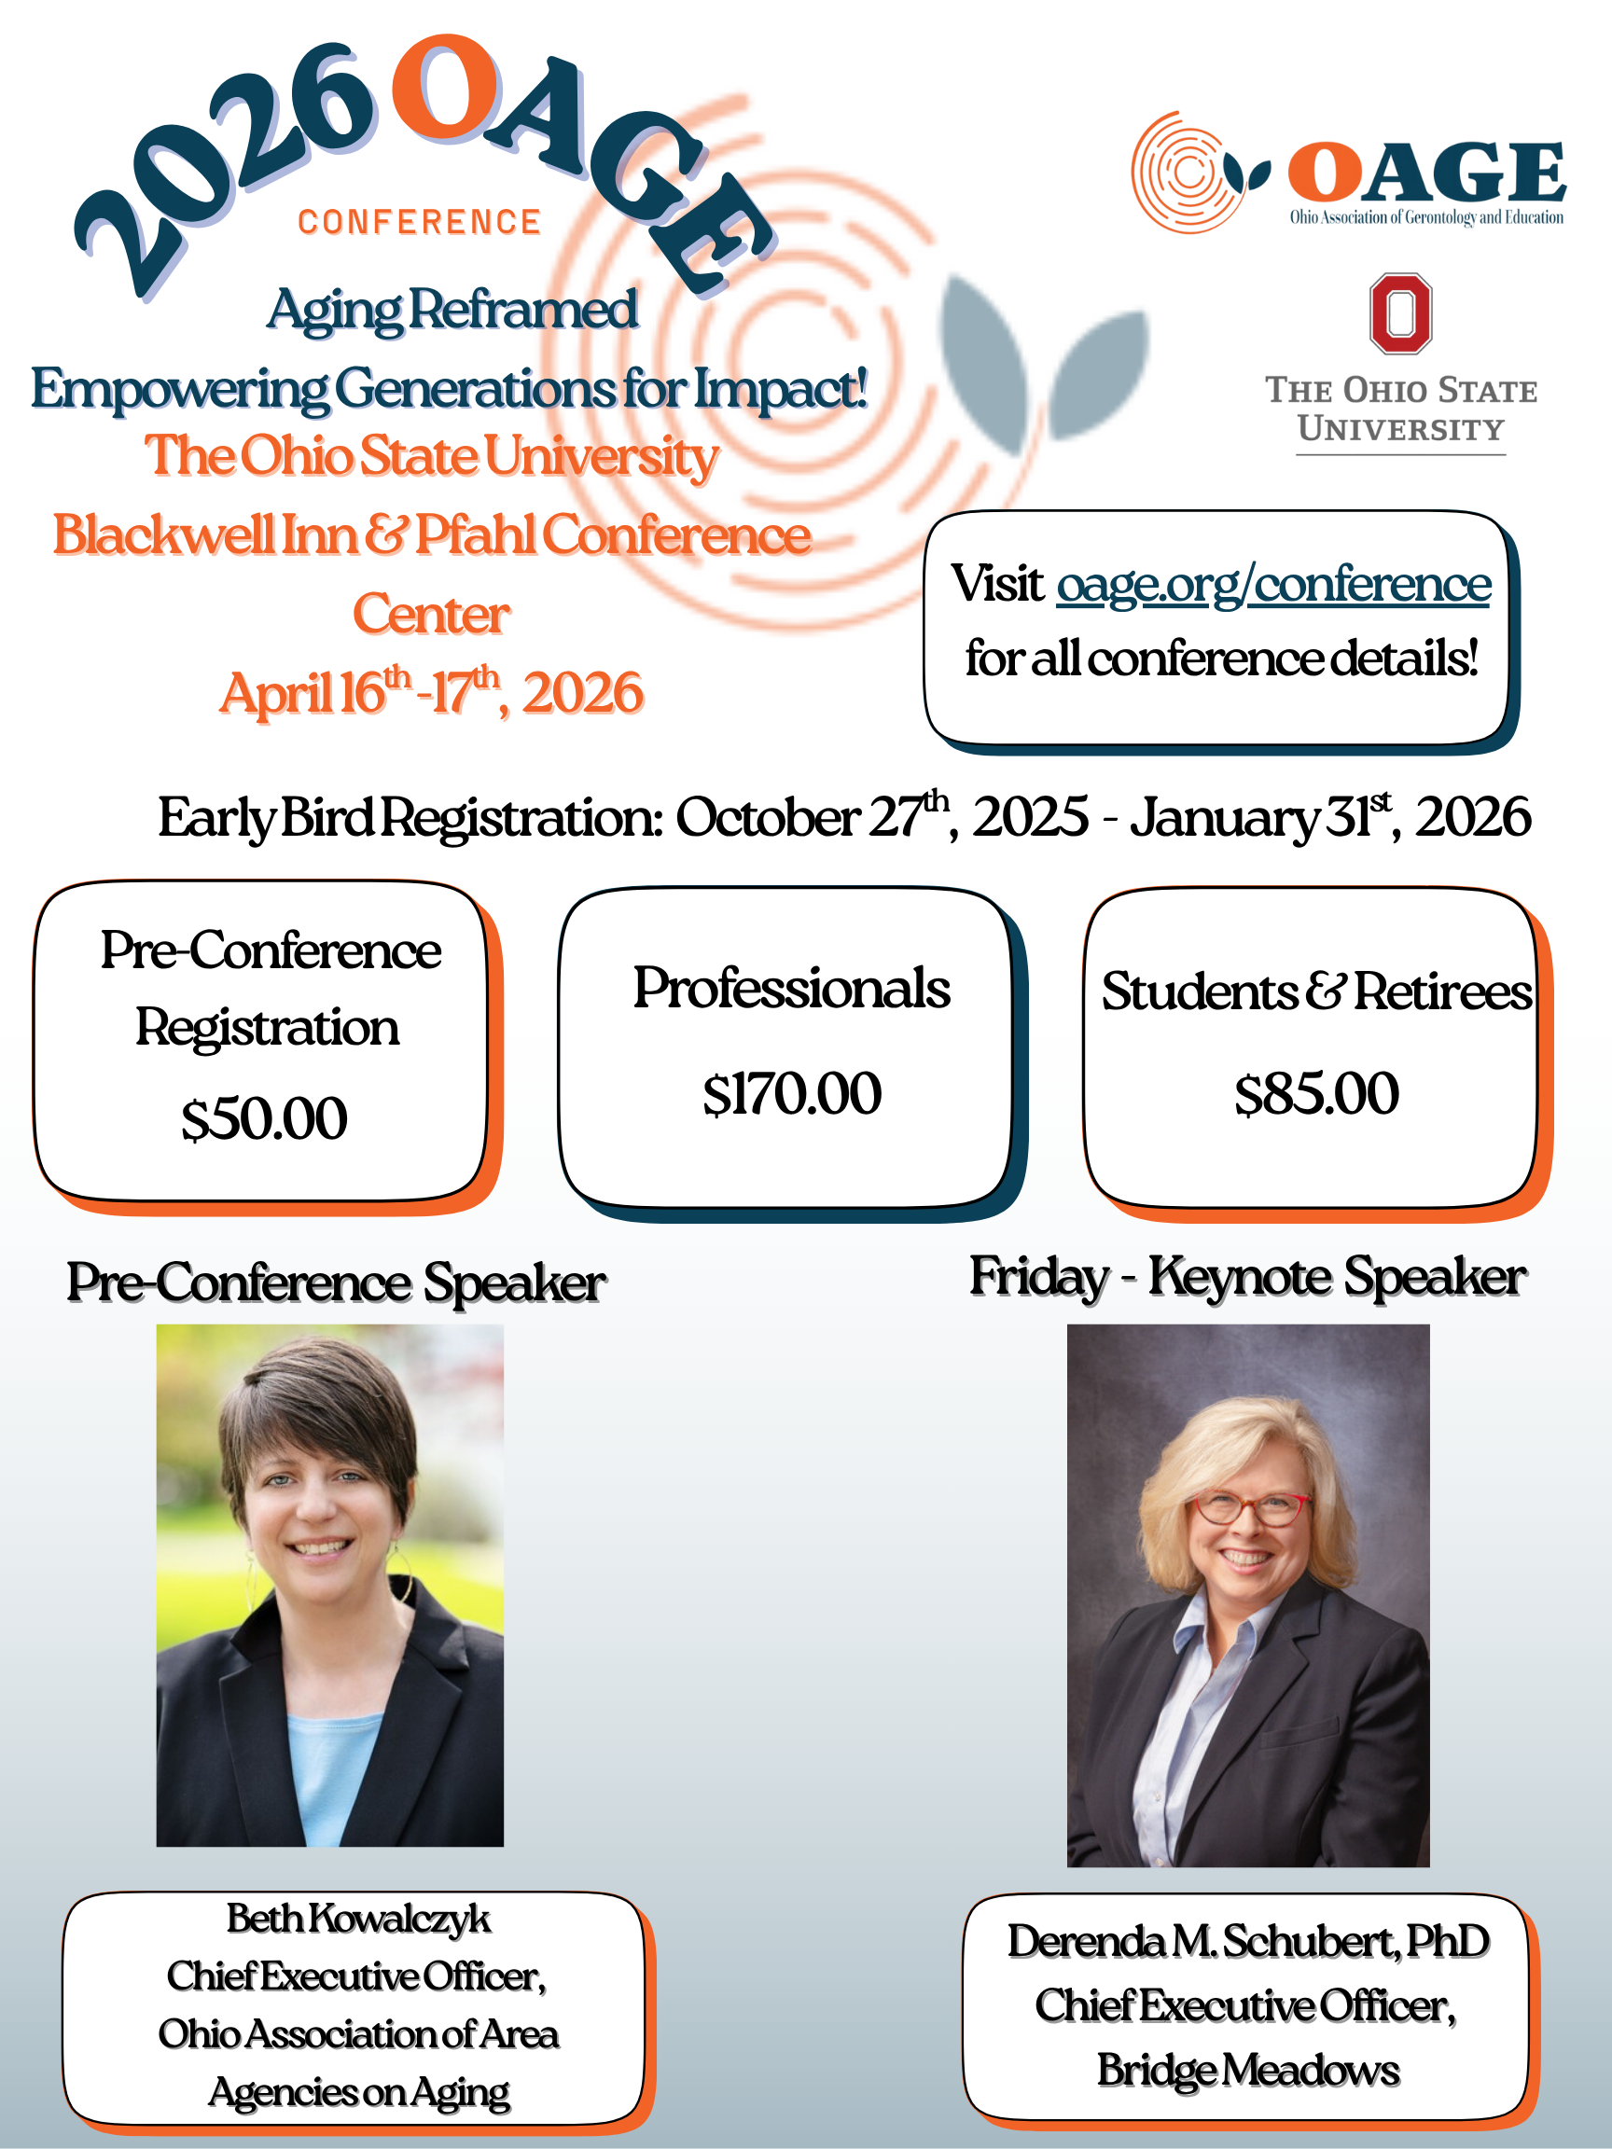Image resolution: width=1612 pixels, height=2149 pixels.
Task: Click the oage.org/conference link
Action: pyautogui.click(x=1272, y=585)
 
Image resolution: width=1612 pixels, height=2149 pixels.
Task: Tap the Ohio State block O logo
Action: pyautogui.click(x=1400, y=312)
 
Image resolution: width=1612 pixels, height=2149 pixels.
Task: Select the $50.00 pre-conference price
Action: pyautogui.click(x=264, y=1118)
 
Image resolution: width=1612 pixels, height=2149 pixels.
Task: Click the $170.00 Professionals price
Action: pyautogui.click(x=792, y=1094)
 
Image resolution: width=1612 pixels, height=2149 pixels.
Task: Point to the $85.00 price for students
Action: pyautogui.click(x=1316, y=1094)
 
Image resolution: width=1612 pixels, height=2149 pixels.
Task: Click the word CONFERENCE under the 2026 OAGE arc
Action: pyautogui.click(x=419, y=223)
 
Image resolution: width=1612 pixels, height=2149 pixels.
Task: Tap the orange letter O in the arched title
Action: pyautogui.click(x=446, y=90)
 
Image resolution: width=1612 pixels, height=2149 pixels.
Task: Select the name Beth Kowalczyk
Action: pyautogui.click(x=358, y=1919)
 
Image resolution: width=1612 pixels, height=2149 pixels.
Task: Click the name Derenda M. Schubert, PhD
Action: pyautogui.click(x=1247, y=1941)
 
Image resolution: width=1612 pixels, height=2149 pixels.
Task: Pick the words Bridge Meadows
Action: pyautogui.click(x=1247, y=2071)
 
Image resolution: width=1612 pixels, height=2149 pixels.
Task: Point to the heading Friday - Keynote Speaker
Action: pyautogui.click(x=1247, y=1277)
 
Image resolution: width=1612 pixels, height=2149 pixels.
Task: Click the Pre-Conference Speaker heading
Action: pyautogui.click(x=336, y=1282)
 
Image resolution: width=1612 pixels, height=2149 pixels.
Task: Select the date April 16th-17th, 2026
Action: pyautogui.click(x=431, y=693)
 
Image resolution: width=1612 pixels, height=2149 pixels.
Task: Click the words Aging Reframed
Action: pyautogui.click(x=452, y=310)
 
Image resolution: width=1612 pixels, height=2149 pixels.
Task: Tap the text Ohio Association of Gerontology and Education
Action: pyautogui.click(x=1426, y=217)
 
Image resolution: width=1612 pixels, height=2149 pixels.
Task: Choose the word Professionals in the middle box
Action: pyautogui.click(x=792, y=989)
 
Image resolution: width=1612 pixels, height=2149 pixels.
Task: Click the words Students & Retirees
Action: pyautogui.click(x=1316, y=991)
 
